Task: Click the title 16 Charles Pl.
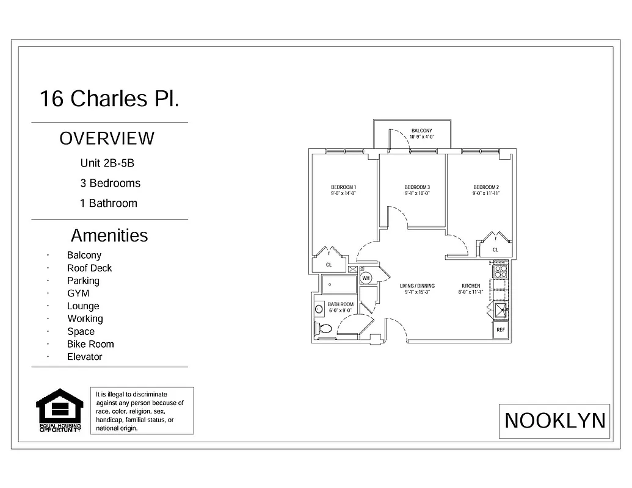click(109, 98)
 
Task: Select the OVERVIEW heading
click(107, 138)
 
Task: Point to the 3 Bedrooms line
click(110, 183)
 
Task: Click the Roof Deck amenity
click(89, 268)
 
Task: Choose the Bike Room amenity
click(90, 344)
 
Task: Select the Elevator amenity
click(84, 357)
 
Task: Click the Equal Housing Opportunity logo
click(59, 411)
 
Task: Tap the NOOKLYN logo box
click(554, 421)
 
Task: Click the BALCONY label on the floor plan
click(421, 131)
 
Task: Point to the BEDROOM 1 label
click(343, 187)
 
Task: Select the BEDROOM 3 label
click(417, 187)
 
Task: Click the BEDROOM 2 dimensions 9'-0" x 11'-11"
click(486, 193)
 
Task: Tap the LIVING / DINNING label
click(417, 285)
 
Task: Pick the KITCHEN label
click(470, 285)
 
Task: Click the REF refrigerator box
click(501, 330)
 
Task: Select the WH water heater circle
click(366, 278)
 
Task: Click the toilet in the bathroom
click(324, 329)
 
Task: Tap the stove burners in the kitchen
click(500, 271)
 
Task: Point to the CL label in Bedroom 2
click(495, 249)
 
